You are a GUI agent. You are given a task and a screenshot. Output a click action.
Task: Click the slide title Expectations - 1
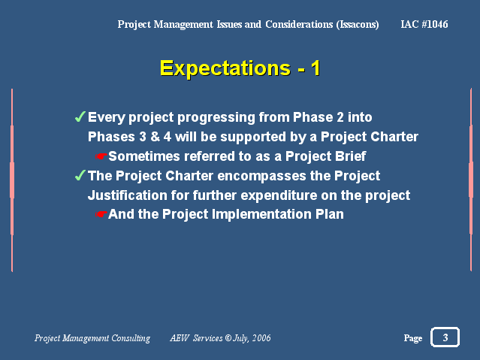tap(240, 68)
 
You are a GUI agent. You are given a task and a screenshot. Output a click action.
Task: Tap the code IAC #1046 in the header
tap(424, 24)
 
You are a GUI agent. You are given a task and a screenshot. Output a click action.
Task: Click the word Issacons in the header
tap(358, 25)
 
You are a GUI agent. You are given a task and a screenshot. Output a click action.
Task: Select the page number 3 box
tap(445, 337)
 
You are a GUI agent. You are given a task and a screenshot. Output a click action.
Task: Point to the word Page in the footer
tap(413, 338)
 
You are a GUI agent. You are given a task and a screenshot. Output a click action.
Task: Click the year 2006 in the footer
tap(261, 337)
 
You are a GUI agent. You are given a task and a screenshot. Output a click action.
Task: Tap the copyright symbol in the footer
tap(228, 337)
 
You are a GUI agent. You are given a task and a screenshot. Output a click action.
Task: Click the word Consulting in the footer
tap(131, 338)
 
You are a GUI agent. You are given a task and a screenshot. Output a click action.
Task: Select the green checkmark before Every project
tap(80, 116)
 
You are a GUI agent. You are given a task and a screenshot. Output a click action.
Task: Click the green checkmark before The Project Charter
tap(80, 175)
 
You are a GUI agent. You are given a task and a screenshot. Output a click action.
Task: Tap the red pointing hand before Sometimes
tap(101, 156)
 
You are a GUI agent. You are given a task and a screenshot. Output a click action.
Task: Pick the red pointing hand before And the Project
tap(101, 214)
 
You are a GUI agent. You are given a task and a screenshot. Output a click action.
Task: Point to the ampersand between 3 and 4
tap(155, 137)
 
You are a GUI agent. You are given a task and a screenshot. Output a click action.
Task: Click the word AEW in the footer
tap(180, 338)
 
